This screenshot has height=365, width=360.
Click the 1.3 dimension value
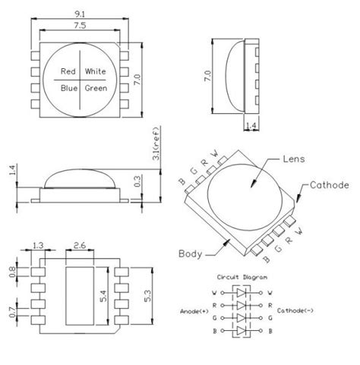37,246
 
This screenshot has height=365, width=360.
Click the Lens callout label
293,160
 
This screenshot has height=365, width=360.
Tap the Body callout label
190,253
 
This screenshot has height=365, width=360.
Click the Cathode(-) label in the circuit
298,310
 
